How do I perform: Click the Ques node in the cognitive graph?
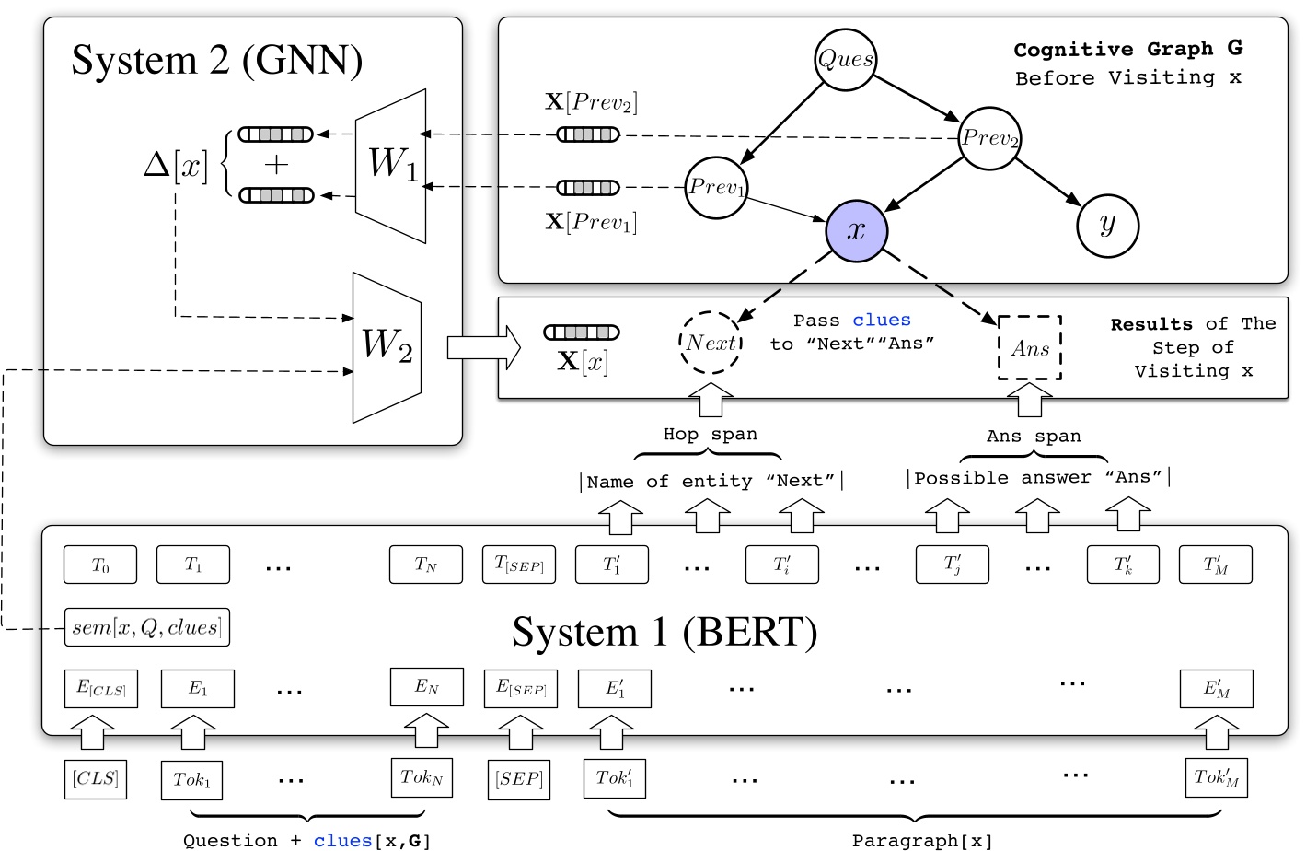(845, 60)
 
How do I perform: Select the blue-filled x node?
(857, 230)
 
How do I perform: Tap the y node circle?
(1107, 226)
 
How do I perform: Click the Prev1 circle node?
(716, 188)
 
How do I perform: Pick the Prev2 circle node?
(989, 139)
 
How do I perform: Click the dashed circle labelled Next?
(711, 343)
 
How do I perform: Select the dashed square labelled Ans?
(1030, 348)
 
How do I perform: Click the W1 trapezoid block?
(392, 165)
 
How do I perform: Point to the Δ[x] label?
(176, 166)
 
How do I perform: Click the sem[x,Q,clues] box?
(146, 627)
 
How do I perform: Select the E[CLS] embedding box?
(100, 688)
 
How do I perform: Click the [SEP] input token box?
(519, 779)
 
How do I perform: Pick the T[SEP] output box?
(519, 565)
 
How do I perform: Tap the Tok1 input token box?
(191, 779)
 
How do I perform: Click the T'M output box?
(1215, 565)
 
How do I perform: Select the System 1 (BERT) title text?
(664, 633)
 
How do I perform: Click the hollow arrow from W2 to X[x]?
(482, 347)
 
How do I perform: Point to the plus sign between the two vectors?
(276, 165)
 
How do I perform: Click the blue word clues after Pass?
(881, 320)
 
